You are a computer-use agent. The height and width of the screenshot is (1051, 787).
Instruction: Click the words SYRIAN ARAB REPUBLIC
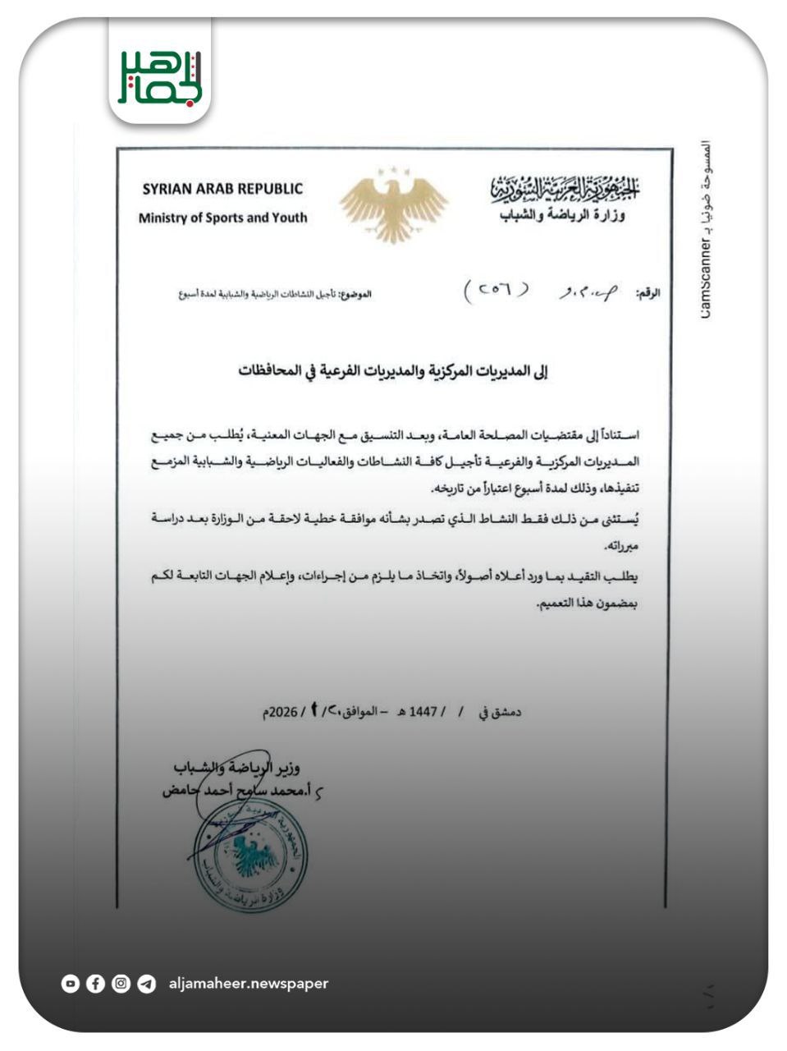[222, 189]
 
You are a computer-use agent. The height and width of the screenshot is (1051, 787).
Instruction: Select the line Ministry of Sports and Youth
[222, 218]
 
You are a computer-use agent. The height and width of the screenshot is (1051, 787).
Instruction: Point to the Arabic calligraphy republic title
[565, 190]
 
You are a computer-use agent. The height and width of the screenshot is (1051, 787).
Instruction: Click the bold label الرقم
[649, 293]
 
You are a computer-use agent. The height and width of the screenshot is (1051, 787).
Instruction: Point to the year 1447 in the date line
[426, 712]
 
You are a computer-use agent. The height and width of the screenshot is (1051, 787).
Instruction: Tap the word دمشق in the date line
[506, 712]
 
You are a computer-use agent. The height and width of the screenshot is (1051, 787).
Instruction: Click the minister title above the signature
[238, 768]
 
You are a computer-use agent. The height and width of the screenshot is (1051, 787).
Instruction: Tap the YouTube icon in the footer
[71, 983]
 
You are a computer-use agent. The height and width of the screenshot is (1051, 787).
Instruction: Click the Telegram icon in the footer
[146, 983]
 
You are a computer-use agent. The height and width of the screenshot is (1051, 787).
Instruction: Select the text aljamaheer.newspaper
[248, 983]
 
